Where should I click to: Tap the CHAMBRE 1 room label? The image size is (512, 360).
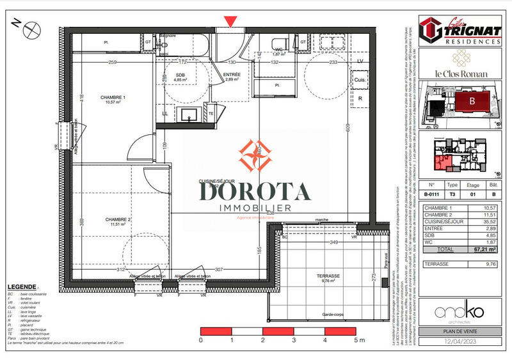(x=113, y=97)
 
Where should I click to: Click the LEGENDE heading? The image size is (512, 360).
(x=22, y=286)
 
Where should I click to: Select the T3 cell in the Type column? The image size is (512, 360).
(x=452, y=194)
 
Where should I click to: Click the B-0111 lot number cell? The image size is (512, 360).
(x=433, y=194)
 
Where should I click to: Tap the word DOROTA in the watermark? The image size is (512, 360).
(x=255, y=191)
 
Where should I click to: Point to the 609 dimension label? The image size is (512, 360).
(x=348, y=128)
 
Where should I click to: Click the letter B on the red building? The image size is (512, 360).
(x=472, y=100)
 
